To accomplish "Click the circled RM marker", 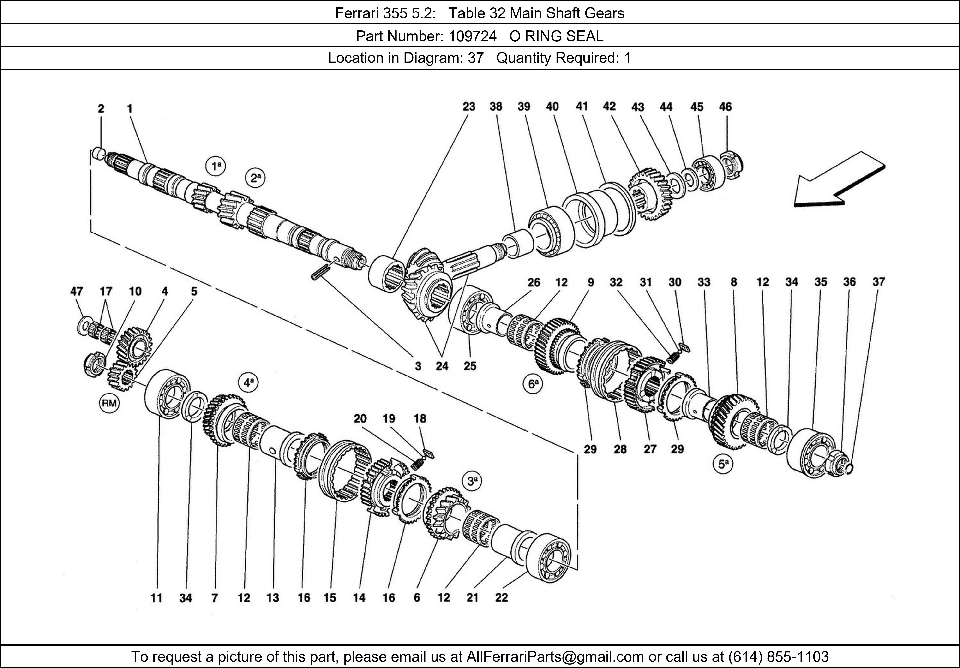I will click(x=109, y=403).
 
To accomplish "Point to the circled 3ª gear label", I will click(x=472, y=481).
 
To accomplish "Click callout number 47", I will click(x=77, y=291).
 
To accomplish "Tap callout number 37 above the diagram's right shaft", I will click(x=878, y=282).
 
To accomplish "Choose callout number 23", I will click(x=469, y=107).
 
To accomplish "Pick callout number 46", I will click(x=726, y=107).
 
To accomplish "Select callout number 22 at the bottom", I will click(x=501, y=598).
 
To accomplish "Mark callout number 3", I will click(x=418, y=366).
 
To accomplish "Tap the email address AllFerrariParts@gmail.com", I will click(x=555, y=657).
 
